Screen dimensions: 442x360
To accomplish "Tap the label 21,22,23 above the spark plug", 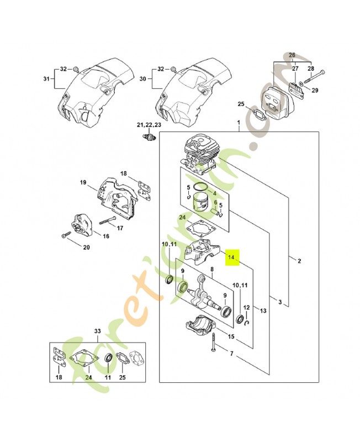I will point(150,125).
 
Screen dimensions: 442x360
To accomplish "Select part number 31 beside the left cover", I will point(46,78).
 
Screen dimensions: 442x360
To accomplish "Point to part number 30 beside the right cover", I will point(144,78).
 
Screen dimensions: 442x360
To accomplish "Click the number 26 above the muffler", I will point(292,55).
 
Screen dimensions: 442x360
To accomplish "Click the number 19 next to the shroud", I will point(83,183).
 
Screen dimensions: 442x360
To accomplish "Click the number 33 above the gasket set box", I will point(98,331).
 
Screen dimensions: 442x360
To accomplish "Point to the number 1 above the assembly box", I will point(238,122).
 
